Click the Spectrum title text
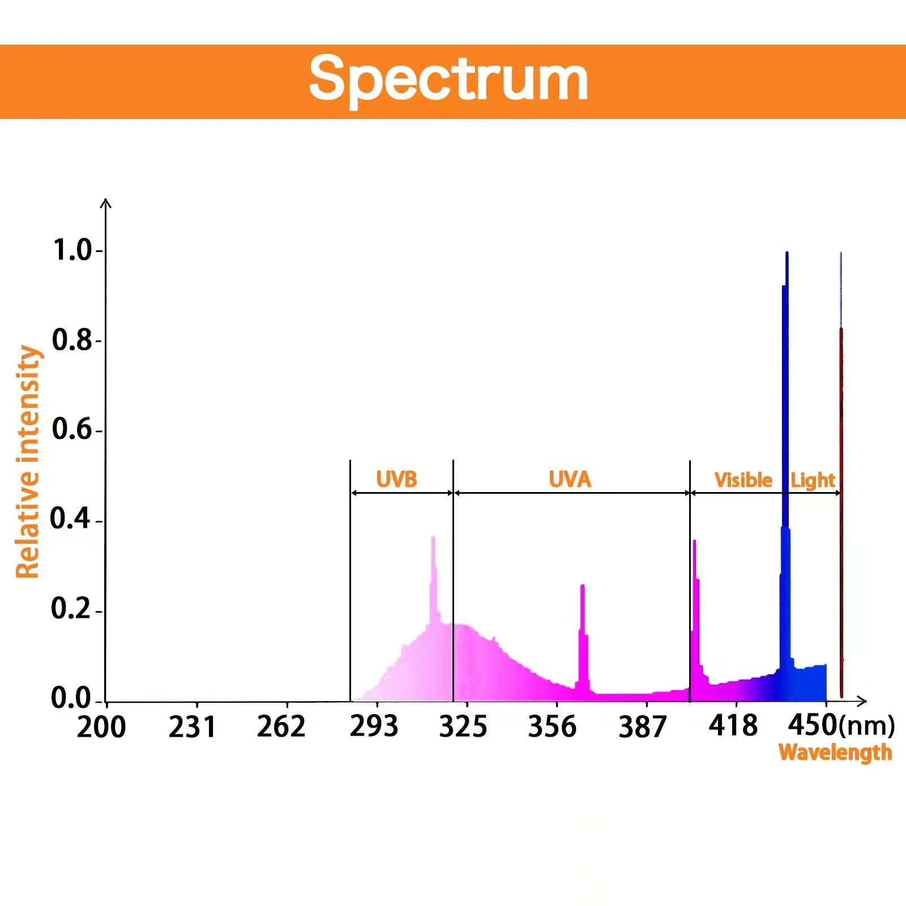[448, 79]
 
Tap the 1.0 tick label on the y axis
[72, 250]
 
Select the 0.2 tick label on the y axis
[71, 609]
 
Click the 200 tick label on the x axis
[101, 727]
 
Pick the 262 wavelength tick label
[281, 726]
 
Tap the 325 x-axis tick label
[463, 726]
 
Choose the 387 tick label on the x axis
[642, 727]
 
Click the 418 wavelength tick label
[733, 725]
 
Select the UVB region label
[396, 480]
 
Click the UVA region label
[570, 480]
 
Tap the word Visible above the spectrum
[743, 480]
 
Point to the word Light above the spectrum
[813, 481]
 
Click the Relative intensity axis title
[28, 461]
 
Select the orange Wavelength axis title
[835, 753]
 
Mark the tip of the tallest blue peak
[787, 254]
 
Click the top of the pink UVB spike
[433, 538]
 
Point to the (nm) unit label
[867, 726]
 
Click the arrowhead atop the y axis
[106, 202]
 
